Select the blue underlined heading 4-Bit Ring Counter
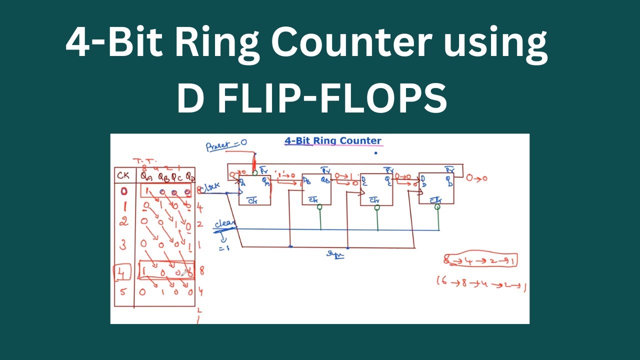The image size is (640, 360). pos(332,141)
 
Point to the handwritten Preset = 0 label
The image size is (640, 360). pos(226,145)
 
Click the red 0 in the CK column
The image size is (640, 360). pos(123,191)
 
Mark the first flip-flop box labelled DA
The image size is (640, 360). pos(254,190)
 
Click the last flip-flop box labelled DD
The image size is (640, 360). pos(436,188)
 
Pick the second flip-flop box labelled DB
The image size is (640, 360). pos(316,190)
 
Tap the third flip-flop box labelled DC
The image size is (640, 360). pos(376,190)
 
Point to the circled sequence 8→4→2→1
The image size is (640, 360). pos(480,260)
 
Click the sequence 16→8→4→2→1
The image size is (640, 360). pos(482,283)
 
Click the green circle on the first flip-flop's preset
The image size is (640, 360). pos(254,173)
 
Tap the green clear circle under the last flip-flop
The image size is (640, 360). pos(437,206)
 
